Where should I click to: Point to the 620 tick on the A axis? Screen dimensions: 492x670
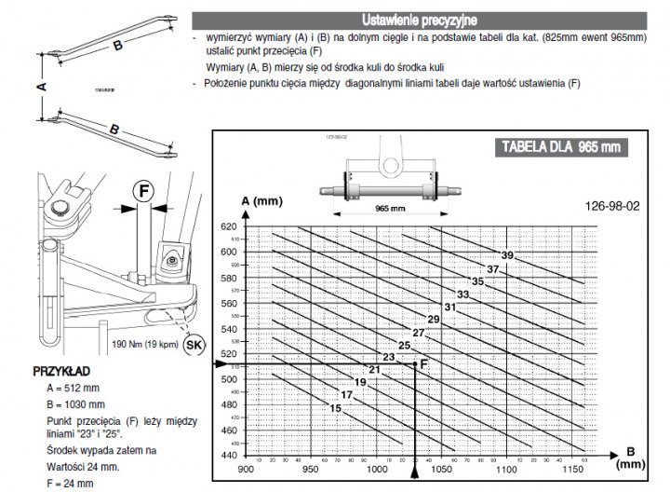click(230, 226)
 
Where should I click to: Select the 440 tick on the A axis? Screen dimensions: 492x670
click(230, 455)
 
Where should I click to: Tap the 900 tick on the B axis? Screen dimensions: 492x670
click(246, 468)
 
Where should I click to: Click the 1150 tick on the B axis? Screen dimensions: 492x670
click(574, 468)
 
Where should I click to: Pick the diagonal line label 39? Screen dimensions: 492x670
click(507, 255)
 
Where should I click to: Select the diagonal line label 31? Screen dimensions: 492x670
click(449, 307)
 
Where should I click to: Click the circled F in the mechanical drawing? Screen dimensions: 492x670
click(143, 191)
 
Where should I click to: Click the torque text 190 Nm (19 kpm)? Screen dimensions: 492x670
click(145, 344)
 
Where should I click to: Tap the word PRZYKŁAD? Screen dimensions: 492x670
click(60, 369)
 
